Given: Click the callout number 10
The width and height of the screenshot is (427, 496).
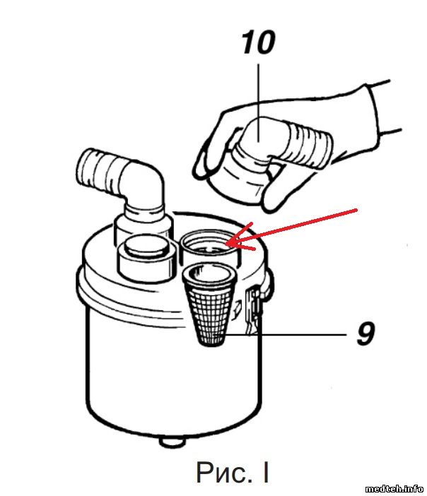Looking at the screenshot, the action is pos(258,42).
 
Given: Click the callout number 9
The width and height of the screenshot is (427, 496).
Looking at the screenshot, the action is pos(365,333).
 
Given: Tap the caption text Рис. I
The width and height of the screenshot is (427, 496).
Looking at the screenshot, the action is pos(233,472).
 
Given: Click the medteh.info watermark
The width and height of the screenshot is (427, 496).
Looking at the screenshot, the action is pos(394,489).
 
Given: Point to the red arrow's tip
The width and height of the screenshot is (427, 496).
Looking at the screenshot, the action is pos(227,244).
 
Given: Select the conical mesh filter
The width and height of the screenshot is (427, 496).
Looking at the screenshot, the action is pos(209,305).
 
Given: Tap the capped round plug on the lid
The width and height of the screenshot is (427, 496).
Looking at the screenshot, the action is pos(146,257).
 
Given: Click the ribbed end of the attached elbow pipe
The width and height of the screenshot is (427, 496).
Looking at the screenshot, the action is pos(96,170).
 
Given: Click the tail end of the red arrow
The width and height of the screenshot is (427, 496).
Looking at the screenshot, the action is pos(357,209).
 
